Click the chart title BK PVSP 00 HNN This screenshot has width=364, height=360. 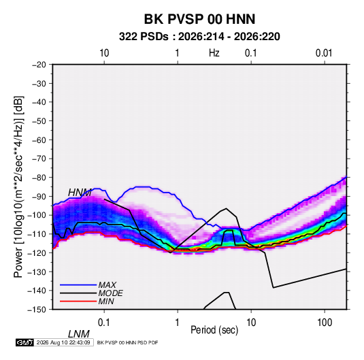[x=199, y=19]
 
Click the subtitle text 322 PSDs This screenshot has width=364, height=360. [x=144, y=37]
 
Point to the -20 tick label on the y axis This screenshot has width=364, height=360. [x=39, y=65]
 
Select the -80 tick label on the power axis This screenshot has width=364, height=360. [x=39, y=178]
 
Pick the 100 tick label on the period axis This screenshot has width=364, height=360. [x=325, y=323]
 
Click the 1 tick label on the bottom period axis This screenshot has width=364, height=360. [x=177, y=323]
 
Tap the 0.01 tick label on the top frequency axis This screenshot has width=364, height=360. [x=324, y=53]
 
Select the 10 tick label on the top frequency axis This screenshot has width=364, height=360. [x=104, y=53]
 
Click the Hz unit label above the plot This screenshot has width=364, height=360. [x=214, y=53]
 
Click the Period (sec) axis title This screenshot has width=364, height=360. [x=214, y=330]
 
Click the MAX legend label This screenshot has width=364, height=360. [x=107, y=285]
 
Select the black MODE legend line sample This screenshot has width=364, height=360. [x=78, y=293]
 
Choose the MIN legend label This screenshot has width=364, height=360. [x=106, y=301]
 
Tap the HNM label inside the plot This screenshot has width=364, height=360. [x=80, y=193]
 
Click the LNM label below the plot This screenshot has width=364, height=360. [x=78, y=334]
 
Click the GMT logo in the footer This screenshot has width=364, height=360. [x=25, y=342]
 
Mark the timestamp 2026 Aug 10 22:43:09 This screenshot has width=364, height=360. [x=63, y=342]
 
